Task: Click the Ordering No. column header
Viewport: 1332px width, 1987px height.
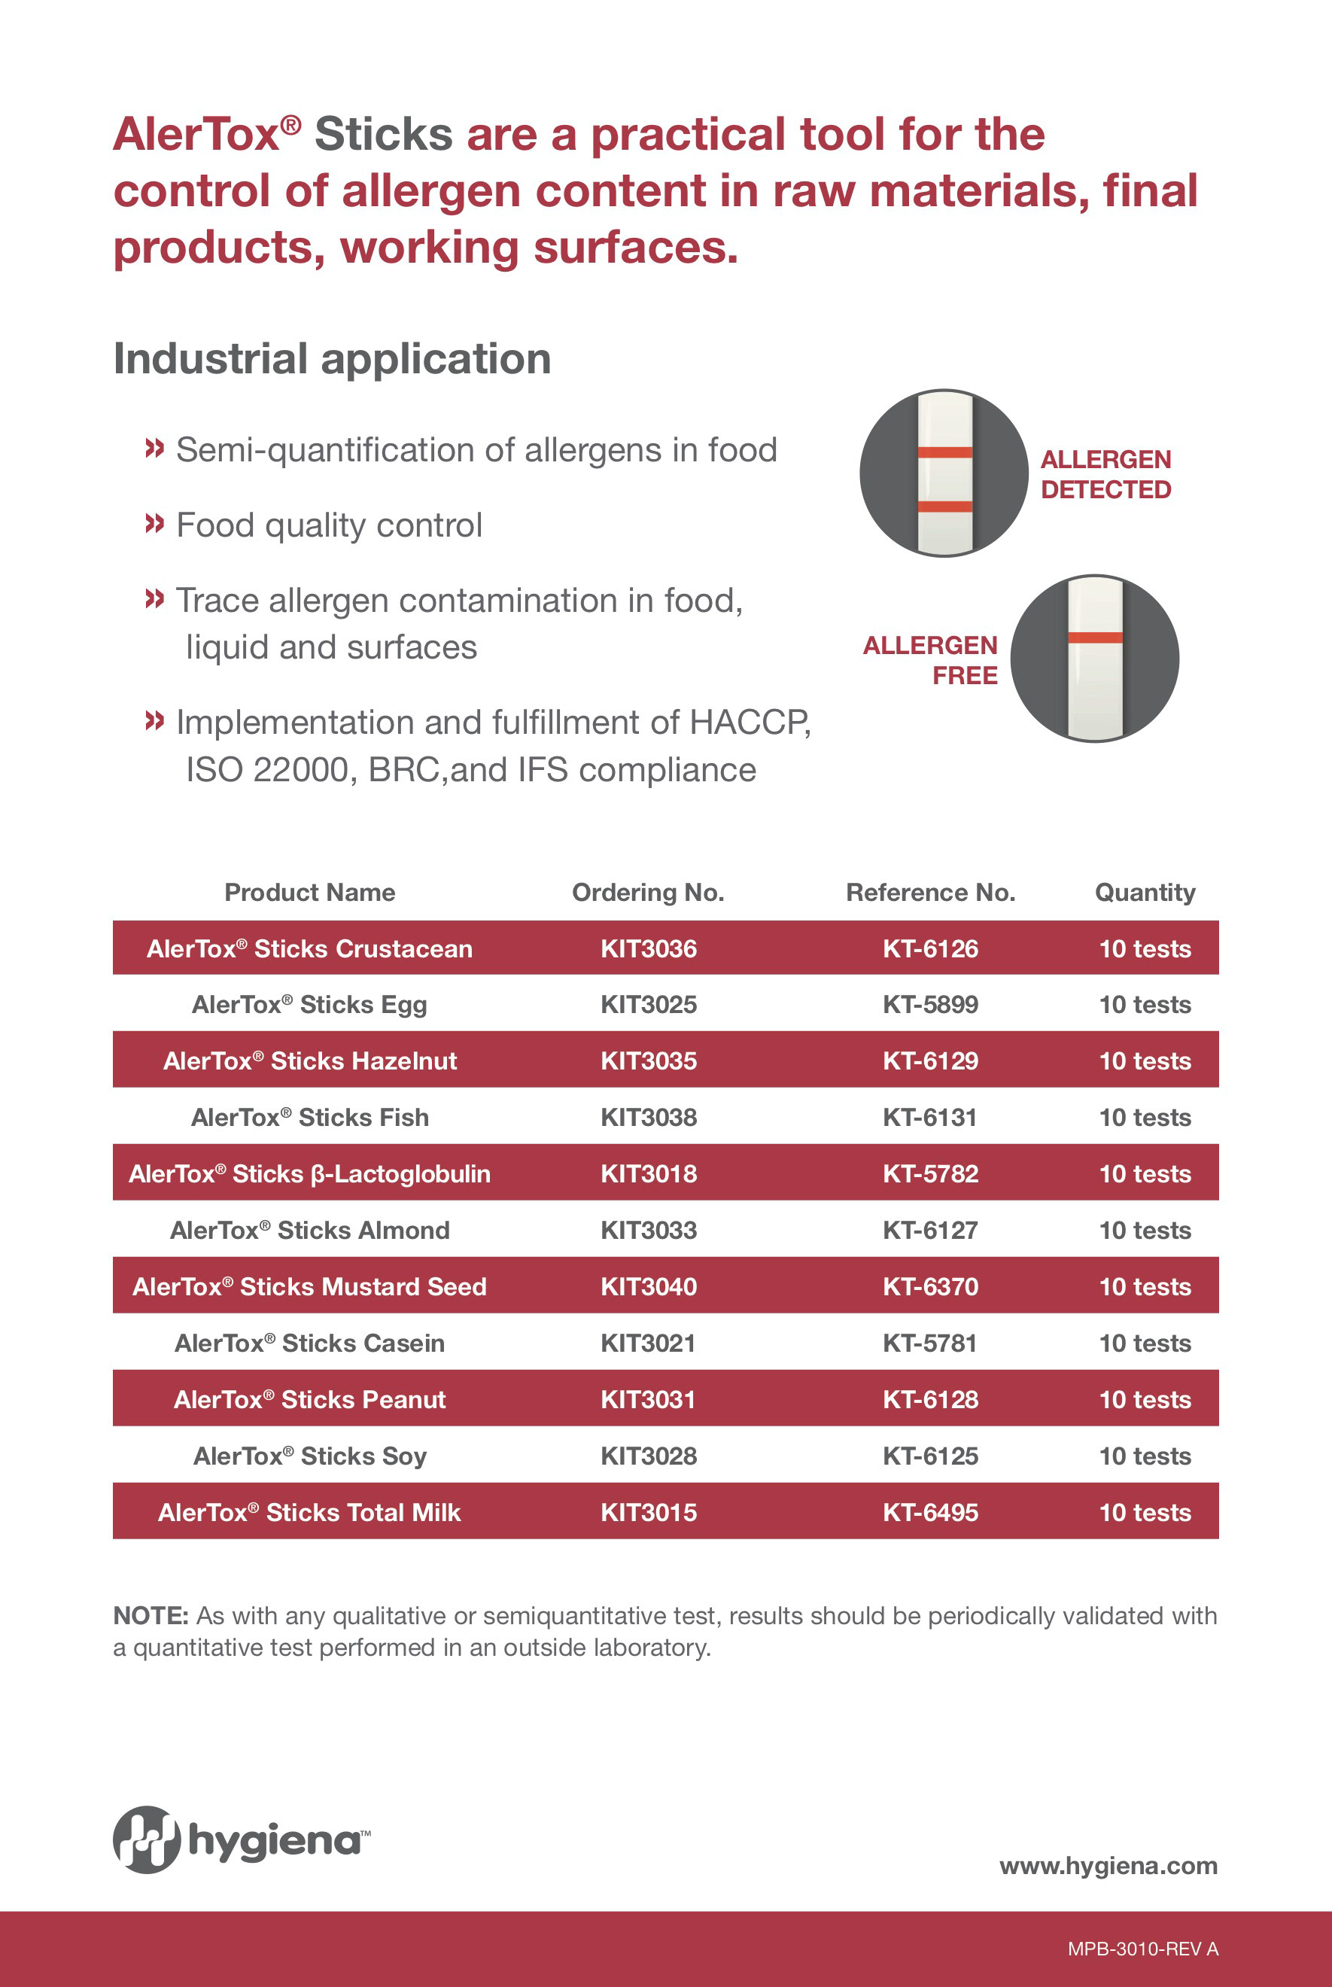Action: point(648,892)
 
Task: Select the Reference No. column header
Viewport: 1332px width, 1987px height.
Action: point(930,892)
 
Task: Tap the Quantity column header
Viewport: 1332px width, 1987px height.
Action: point(1145,893)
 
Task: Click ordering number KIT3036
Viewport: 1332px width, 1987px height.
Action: point(648,948)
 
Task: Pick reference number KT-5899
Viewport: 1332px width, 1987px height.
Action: point(930,1004)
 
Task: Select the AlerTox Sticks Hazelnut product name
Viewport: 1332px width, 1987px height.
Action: point(310,1060)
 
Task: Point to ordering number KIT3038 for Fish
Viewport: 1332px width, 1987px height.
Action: point(648,1117)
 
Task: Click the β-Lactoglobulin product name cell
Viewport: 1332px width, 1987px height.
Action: point(310,1173)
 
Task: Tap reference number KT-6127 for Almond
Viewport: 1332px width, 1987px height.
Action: point(930,1230)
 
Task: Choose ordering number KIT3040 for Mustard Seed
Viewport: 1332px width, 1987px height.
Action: point(648,1286)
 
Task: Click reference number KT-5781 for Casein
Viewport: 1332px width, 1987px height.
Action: point(930,1343)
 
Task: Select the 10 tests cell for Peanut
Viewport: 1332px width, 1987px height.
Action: point(1145,1399)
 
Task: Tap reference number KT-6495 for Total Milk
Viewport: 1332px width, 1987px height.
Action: point(930,1512)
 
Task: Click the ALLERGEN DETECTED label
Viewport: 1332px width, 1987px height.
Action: point(1105,474)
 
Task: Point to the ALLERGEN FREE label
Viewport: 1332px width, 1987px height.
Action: point(930,660)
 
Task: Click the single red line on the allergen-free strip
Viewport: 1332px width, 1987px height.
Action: point(1095,637)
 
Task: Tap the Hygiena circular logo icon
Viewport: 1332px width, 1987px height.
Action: point(147,1839)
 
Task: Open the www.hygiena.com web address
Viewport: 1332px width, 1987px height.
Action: point(1108,1866)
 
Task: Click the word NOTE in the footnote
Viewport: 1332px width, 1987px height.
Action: point(151,1615)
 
